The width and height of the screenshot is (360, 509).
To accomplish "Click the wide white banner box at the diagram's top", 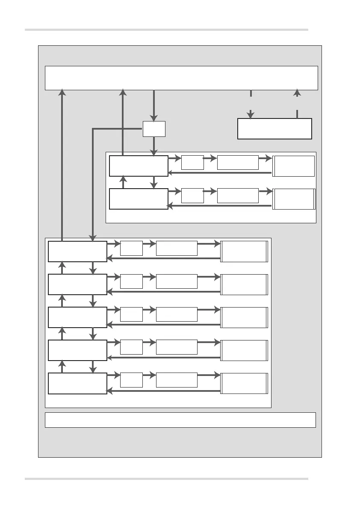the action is point(181,78).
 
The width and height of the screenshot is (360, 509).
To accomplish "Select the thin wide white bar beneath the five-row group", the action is point(180,420).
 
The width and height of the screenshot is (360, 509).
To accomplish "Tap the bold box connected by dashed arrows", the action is point(274,129).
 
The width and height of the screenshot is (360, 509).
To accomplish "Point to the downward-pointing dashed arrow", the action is point(251,104).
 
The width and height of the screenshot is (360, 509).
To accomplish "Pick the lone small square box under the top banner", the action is point(154,129).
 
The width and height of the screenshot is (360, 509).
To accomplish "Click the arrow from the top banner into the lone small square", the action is point(154,105).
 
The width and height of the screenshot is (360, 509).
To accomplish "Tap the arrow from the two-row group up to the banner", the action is point(123,122).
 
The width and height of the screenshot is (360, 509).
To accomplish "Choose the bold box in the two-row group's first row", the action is point(139,166).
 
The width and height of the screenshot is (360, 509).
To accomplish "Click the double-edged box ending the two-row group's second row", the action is point(294,198).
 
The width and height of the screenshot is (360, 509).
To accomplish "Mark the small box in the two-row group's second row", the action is point(192,195).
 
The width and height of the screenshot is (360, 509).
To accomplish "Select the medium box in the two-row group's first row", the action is point(238,163).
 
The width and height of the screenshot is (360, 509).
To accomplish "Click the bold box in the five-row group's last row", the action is point(77,383).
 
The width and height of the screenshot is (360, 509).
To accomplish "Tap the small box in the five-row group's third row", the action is point(131,314).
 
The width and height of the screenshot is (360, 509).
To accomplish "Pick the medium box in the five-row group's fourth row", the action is point(177,347).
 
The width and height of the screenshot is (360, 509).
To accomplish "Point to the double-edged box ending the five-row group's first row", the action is point(244,251).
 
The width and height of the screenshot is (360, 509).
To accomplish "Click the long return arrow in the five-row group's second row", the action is point(163,292).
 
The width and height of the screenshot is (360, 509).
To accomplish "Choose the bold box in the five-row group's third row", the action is point(77,317).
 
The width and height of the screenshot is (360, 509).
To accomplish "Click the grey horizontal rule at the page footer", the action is point(166,479).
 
